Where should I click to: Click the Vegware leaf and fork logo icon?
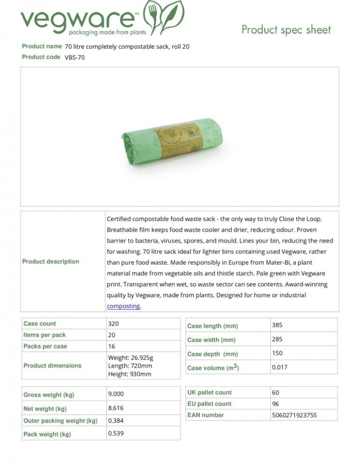(164, 17)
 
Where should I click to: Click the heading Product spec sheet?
(286, 30)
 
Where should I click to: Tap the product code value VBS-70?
(75, 57)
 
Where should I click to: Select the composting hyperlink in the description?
(123, 306)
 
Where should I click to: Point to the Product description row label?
(51, 261)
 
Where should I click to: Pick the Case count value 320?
(113, 324)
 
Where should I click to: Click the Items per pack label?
(44, 335)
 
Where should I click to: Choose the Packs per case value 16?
(112, 346)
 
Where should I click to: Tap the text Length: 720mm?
(130, 366)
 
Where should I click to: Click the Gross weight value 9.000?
(116, 394)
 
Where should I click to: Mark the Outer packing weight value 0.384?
(116, 420)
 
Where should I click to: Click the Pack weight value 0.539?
(116, 434)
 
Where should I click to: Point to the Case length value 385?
(277, 325)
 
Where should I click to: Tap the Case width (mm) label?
(211, 340)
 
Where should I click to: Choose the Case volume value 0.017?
(279, 367)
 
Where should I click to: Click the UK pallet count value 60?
(275, 393)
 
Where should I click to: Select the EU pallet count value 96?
(275, 404)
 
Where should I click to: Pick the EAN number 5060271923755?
(294, 415)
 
